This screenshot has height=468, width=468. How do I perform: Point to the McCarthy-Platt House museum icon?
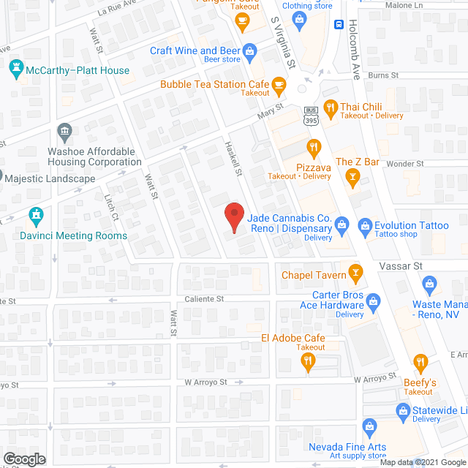point(15,70)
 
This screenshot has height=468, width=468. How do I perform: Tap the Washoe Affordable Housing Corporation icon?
point(64,132)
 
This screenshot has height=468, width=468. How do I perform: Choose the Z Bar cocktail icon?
point(352,176)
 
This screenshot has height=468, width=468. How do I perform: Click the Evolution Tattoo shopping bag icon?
point(364,225)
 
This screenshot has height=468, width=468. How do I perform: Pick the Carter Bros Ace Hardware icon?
point(373,301)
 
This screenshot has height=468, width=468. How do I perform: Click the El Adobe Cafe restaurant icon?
point(310,361)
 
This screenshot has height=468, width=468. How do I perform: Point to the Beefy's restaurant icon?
point(420,362)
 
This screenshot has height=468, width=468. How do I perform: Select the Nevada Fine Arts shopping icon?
point(369,426)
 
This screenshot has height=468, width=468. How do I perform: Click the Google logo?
point(23,458)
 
